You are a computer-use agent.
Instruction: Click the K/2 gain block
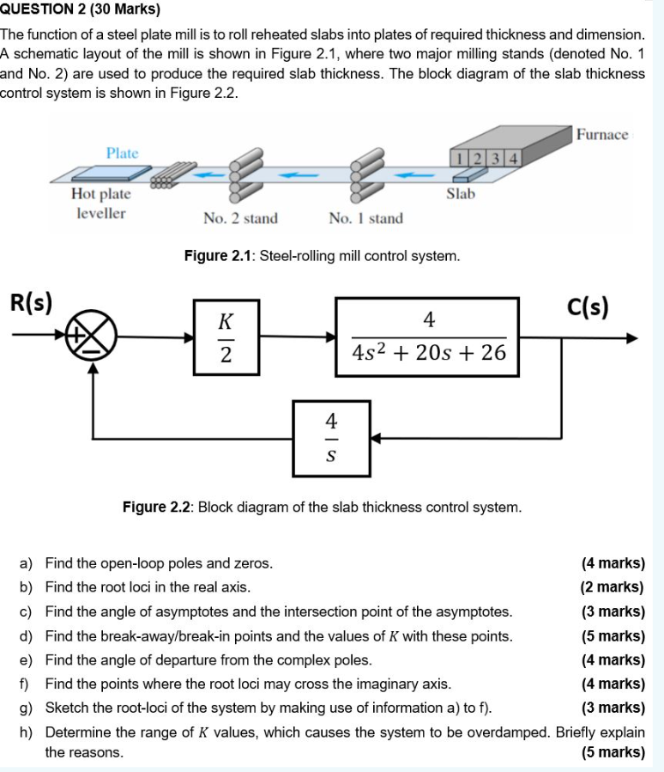[x=226, y=337]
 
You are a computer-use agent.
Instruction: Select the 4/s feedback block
[x=331, y=438]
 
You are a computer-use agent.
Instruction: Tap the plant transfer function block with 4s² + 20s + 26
[x=427, y=337]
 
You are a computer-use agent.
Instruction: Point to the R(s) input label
[x=31, y=301]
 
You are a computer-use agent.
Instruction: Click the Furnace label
[x=602, y=135]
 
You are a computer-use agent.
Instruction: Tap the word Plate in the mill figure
[x=122, y=153]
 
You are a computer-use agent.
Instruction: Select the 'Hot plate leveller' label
[x=101, y=204]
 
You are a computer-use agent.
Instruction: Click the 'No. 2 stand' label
[x=240, y=218]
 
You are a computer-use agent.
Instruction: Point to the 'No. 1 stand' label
[x=365, y=218]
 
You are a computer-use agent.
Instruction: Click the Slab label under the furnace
[x=461, y=194]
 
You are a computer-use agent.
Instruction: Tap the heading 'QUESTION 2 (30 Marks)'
[x=81, y=11]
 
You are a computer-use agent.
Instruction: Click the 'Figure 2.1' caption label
[x=218, y=256]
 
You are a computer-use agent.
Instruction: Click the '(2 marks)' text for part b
[x=612, y=587]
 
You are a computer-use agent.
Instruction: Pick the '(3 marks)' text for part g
[x=612, y=708]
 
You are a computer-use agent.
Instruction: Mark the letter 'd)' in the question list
[x=27, y=636]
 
